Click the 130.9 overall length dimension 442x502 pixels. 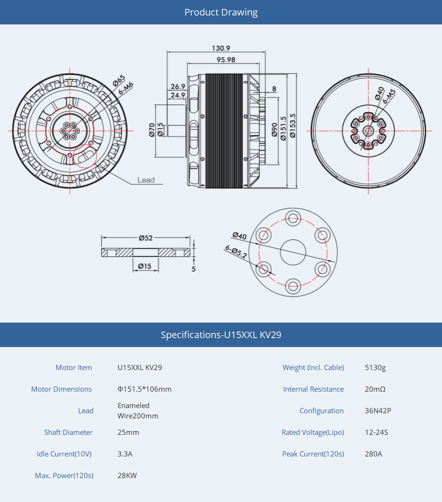coord(221,48)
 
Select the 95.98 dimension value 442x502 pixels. coord(226,60)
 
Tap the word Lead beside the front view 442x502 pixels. coord(146,180)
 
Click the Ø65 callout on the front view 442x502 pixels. coord(118,80)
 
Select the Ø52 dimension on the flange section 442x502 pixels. coord(146,238)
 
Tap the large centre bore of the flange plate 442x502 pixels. coord(293,252)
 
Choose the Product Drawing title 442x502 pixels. coord(221,12)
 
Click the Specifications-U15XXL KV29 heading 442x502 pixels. coord(221,335)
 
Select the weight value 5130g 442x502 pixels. coord(375,368)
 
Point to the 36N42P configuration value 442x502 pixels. coord(378,411)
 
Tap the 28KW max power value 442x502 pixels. coord(127,476)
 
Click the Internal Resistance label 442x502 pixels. coord(313,389)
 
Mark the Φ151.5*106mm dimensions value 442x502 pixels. coord(144,389)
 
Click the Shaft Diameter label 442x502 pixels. coord(68,432)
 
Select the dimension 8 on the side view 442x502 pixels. coord(274,89)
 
